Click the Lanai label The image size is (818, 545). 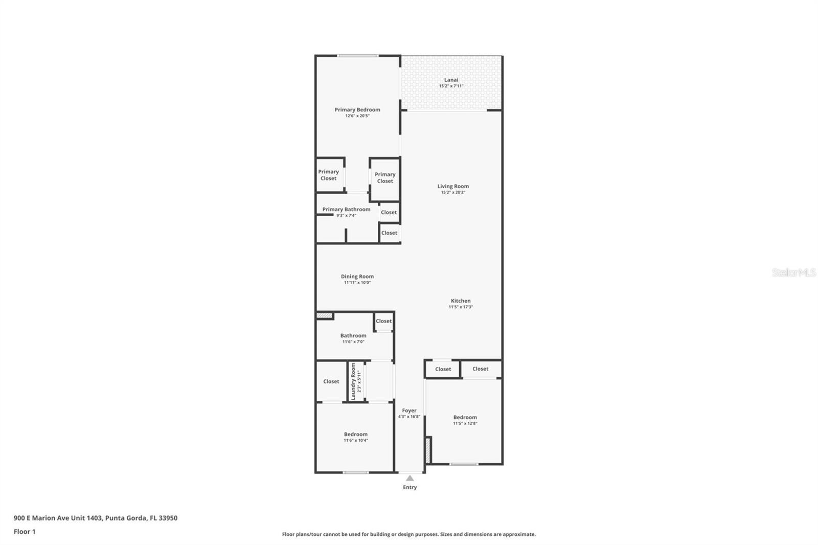451,80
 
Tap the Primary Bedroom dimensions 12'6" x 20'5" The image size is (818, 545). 357,116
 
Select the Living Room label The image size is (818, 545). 452,186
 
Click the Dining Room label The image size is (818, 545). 357,277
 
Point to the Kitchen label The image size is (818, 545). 460,301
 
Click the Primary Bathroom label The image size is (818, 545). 346,209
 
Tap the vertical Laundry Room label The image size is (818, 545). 353,381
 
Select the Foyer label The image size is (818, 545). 409,411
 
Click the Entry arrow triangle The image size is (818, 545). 410,479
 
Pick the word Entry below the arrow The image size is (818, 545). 410,488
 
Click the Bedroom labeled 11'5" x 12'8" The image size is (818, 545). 465,417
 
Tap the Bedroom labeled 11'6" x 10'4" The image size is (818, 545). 355,434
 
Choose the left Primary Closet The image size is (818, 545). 328,175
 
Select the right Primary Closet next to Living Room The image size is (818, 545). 385,177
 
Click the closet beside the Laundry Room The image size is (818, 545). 331,381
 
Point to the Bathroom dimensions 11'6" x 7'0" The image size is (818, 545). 353,342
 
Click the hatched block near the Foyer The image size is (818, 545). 428,450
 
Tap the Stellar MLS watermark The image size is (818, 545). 793,272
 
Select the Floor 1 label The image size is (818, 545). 25,532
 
